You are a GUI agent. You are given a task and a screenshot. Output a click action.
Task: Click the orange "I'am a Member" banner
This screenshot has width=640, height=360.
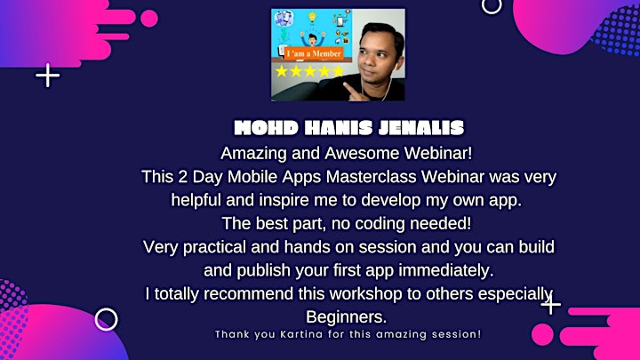(314, 53)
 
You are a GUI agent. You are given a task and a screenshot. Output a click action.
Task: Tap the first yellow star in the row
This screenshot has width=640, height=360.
(281, 71)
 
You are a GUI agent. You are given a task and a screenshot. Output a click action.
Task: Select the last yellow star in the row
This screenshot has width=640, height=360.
(339, 71)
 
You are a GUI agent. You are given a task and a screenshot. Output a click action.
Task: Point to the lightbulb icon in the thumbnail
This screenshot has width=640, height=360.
(312, 17)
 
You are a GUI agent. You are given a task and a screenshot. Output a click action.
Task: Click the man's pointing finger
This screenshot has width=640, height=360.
(350, 90)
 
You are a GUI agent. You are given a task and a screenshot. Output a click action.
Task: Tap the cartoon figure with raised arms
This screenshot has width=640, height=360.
(313, 39)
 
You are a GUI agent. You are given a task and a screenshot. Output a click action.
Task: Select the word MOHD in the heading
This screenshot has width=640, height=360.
(266, 128)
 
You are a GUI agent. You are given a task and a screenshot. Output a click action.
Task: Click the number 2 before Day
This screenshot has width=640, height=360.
(182, 177)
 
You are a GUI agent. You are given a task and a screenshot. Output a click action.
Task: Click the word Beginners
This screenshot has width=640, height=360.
(346, 317)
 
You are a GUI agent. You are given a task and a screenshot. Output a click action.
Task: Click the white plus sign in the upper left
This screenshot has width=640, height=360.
(48, 75)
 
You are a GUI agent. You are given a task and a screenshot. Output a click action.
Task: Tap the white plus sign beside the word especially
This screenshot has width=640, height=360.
(551, 304)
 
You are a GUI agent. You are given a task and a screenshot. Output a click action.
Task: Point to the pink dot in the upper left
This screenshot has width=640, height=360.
(149, 19)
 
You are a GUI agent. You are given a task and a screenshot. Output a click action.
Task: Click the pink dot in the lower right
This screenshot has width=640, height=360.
(542, 334)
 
